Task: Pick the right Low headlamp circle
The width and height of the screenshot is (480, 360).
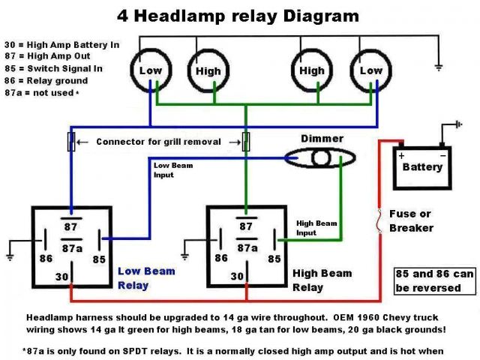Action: pyautogui.click(x=350, y=71)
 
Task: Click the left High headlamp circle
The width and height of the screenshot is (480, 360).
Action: pyautogui.click(x=187, y=71)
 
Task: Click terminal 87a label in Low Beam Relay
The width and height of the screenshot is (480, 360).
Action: pyautogui.click(x=72, y=248)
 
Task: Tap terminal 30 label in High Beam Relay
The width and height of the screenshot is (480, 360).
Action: pyautogui.click(x=237, y=276)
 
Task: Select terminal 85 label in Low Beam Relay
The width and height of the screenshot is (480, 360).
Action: pyautogui.click(x=99, y=259)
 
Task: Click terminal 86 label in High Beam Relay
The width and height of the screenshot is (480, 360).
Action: pyautogui.click(x=221, y=258)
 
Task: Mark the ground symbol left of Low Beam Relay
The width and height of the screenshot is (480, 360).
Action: pyautogui.click(x=10, y=257)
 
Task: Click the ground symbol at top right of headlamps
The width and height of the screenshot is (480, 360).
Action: pyautogui.click(x=439, y=67)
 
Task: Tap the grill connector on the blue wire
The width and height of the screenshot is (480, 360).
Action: pyautogui.click(x=71, y=142)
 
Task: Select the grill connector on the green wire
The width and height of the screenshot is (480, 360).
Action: pyautogui.click(x=246, y=142)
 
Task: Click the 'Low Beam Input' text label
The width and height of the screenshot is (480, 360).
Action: pyautogui.click(x=173, y=170)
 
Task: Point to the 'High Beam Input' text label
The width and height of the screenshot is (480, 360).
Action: pyautogui.click(x=316, y=228)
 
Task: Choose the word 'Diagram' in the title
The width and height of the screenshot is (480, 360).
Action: pyautogui.click(x=321, y=16)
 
